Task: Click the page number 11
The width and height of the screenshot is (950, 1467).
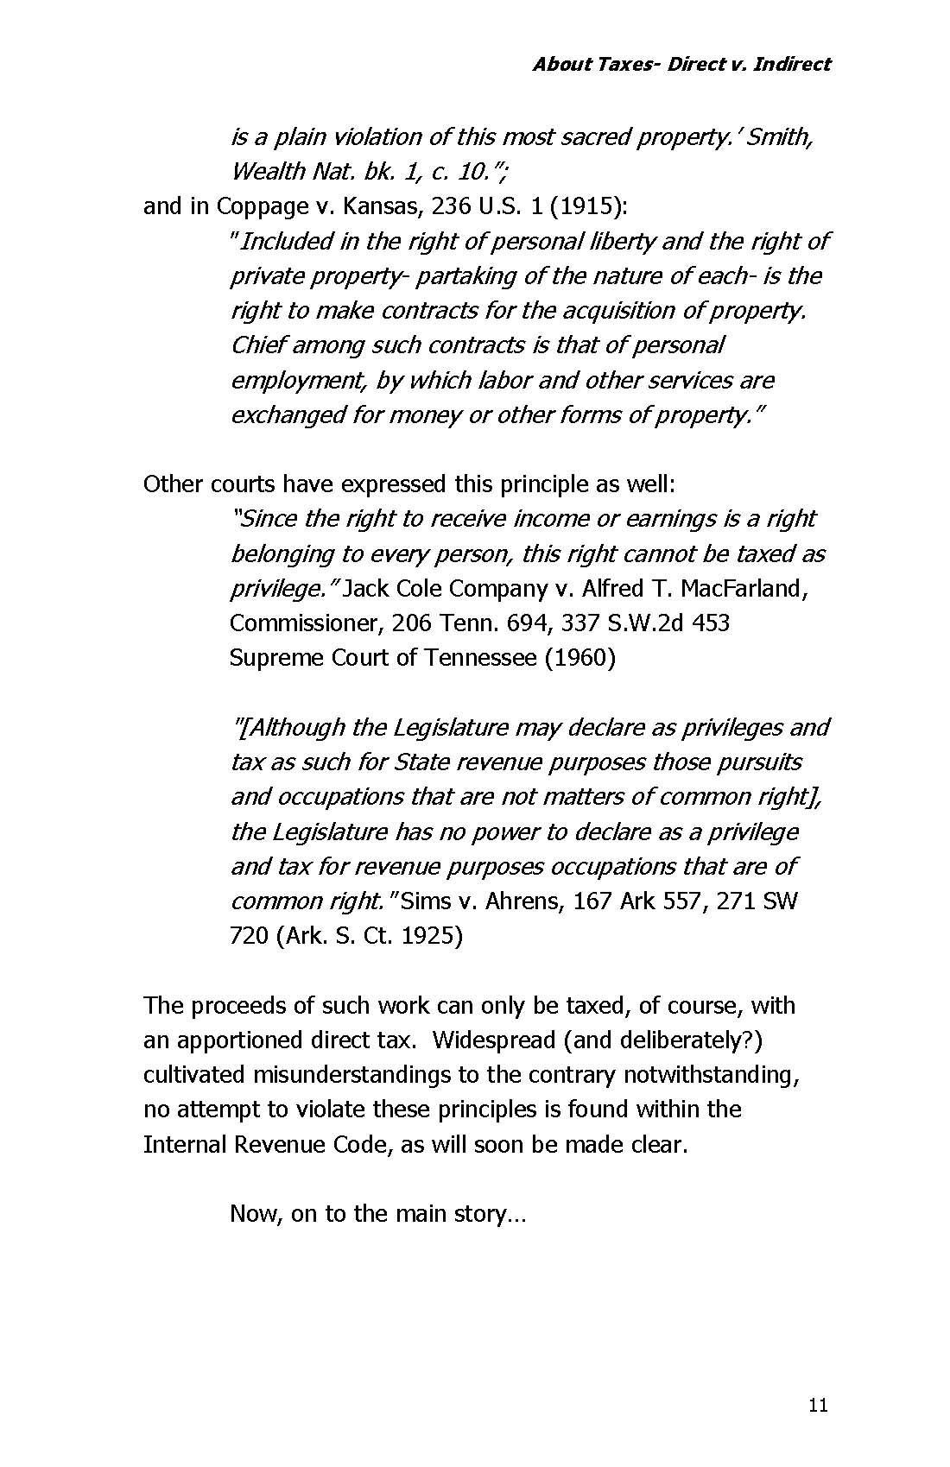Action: click(x=819, y=1406)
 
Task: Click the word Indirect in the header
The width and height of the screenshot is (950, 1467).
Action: click(x=792, y=64)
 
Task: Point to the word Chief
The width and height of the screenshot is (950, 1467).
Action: click(x=258, y=345)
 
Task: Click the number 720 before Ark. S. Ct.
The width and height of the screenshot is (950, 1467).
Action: click(x=249, y=936)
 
